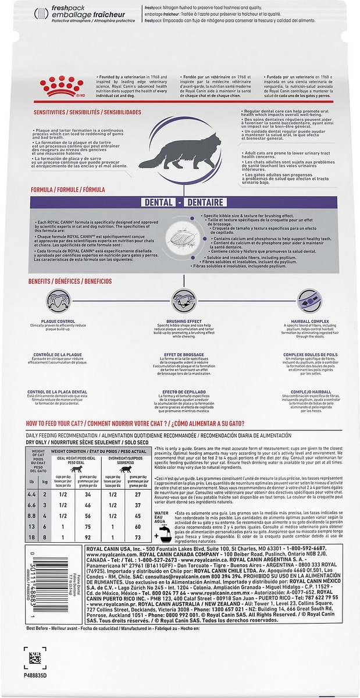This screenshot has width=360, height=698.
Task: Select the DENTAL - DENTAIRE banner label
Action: [180, 202]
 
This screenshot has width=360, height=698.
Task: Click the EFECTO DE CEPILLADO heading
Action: [180, 391]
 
